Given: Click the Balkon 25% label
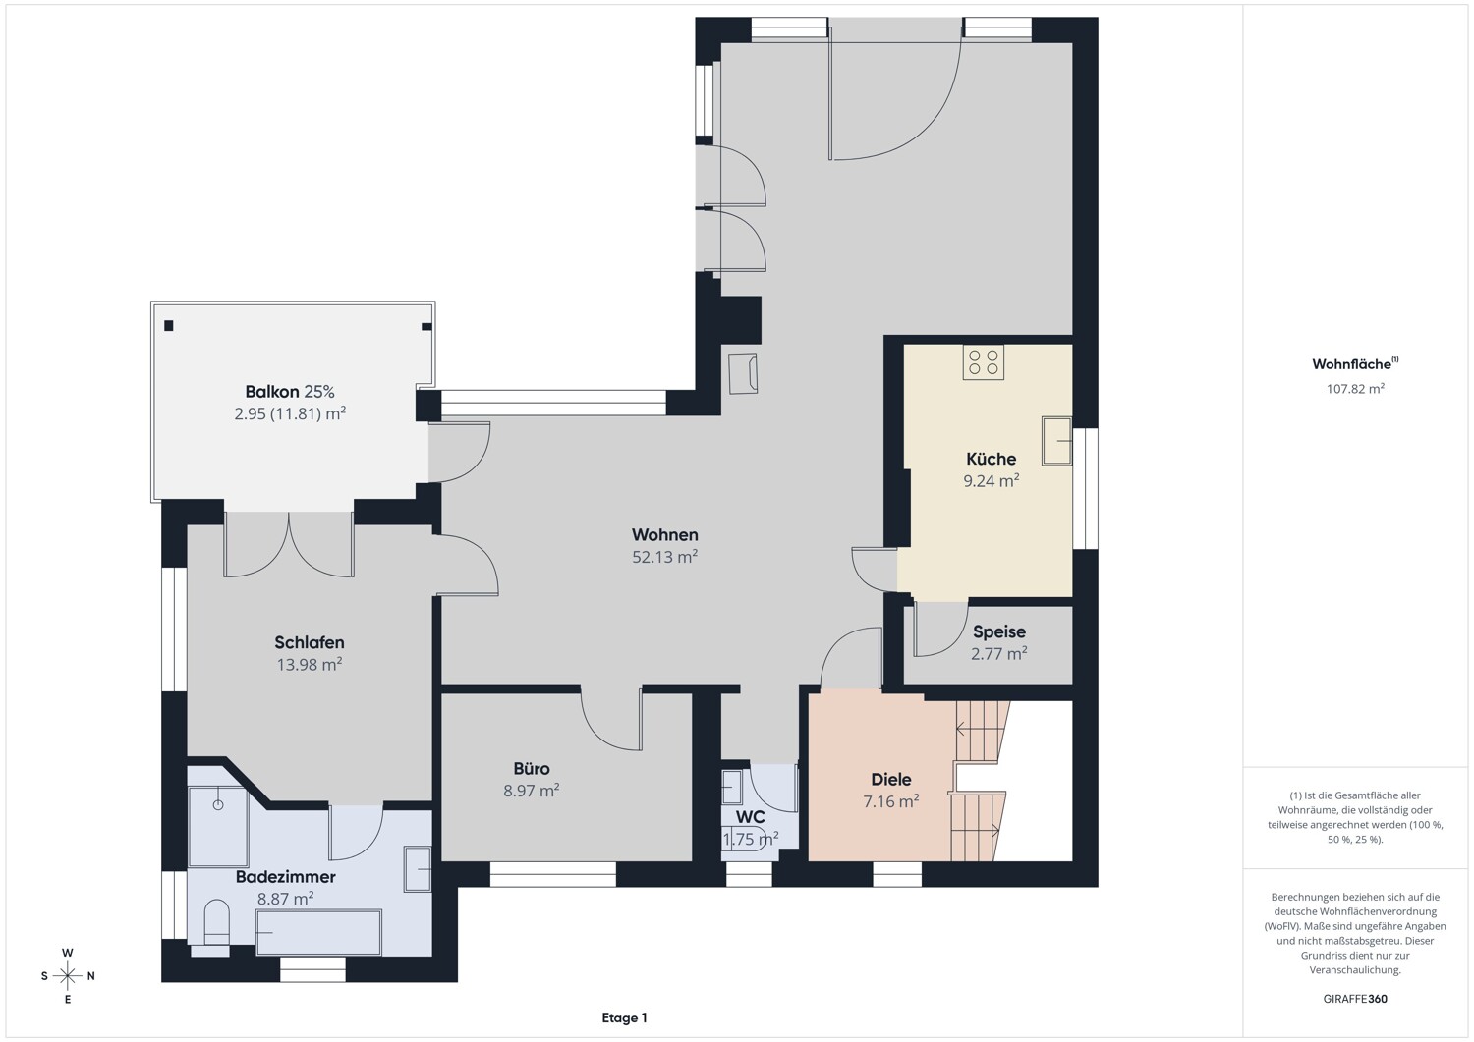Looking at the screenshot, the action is click(x=290, y=392).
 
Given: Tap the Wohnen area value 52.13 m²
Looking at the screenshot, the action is click(x=664, y=557).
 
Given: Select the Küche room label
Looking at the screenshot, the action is click(x=991, y=459).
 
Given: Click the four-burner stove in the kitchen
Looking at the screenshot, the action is click(x=983, y=361).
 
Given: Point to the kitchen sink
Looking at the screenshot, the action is click(x=1056, y=441).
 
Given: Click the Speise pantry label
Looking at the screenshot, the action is click(x=999, y=631).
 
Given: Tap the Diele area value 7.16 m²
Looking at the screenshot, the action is click(x=891, y=801).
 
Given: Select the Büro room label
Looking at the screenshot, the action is click(x=531, y=768).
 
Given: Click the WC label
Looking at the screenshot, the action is click(x=750, y=817).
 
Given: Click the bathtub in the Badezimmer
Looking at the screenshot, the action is click(x=318, y=932).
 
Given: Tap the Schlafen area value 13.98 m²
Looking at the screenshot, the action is click(x=310, y=665).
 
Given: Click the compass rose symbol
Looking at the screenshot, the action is click(x=68, y=976).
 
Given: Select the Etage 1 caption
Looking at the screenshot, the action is click(x=624, y=1018).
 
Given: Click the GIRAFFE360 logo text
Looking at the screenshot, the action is click(x=1355, y=999).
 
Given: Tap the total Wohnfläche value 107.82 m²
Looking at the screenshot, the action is click(x=1355, y=389).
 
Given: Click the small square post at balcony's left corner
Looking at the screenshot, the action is click(x=168, y=326).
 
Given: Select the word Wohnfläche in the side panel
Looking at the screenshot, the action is click(x=1351, y=364).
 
